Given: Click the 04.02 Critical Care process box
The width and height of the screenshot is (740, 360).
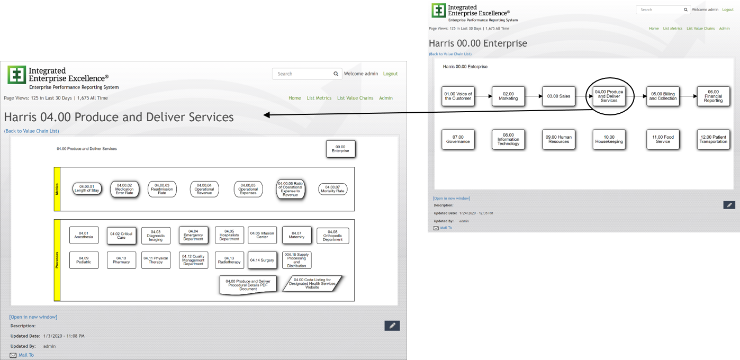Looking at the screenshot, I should [121, 235].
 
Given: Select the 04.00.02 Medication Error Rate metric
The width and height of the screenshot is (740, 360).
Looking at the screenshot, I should [124, 190].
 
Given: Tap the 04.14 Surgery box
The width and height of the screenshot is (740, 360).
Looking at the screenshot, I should [262, 260].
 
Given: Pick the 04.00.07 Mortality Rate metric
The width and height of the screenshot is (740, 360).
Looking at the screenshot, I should [332, 189].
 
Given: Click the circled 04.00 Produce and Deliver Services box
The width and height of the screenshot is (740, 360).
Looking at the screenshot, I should [609, 96].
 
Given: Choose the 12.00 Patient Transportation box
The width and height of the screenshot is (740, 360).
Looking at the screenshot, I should [713, 139].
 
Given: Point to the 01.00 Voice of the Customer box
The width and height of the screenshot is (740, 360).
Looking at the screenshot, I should [458, 96].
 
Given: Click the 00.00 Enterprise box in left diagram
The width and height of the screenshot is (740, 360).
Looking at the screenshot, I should [340, 149].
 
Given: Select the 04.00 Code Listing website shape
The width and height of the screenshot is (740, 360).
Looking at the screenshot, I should [312, 283].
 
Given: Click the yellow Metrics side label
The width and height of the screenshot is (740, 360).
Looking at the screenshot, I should [57, 189].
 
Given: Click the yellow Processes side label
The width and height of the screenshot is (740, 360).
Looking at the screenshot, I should [57, 260].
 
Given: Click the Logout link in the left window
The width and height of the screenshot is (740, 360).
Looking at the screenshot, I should [390, 74].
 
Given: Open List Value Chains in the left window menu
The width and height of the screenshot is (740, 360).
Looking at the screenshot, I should [355, 98].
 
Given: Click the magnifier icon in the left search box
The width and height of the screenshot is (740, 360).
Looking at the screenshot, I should [336, 74].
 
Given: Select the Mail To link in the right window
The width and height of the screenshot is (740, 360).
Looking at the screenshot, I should [446, 228].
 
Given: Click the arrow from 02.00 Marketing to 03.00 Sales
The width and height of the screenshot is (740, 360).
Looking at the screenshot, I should [533, 96].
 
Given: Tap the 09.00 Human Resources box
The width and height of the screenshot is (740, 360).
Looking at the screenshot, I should [558, 139].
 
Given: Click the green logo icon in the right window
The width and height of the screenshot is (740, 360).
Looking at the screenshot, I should [438, 11].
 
